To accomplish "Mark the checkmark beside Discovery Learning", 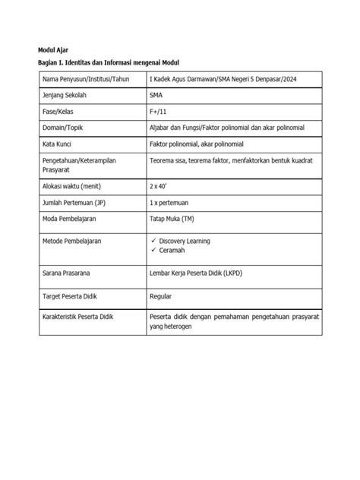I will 153,241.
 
